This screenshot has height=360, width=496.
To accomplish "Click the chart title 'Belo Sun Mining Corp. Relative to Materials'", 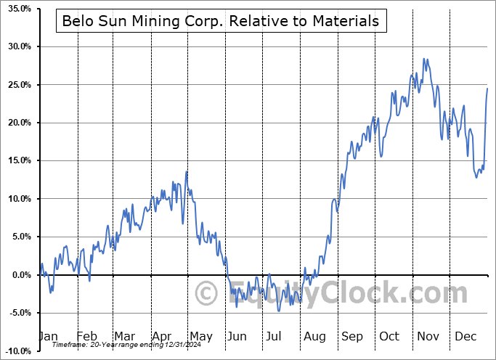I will (x=221, y=21).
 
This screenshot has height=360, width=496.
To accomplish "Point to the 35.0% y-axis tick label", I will (x=16, y=9).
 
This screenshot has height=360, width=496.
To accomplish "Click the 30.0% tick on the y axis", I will (x=16, y=46).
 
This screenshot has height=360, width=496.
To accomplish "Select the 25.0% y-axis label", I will (x=16, y=85).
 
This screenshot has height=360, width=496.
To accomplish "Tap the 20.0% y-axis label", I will (x=16, y=123).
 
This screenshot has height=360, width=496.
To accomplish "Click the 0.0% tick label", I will (x=18, y=275).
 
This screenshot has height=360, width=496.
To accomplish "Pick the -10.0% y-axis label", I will (x=15, y=351).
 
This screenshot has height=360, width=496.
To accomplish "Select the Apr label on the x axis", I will (x=161, y=337).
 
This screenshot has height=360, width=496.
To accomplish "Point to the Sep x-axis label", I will (x=351, y=337).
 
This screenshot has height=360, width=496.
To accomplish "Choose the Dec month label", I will (x=465, y=337).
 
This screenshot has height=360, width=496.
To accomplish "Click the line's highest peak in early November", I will (x=424, y=59).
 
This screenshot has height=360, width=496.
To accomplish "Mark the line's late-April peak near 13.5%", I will (x=187, y=171).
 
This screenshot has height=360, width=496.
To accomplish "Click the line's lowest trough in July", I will (x=279, y=311).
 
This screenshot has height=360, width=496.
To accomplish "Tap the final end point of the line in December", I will (x=487, y=88).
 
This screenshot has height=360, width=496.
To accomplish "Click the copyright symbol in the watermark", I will (x=206, y=294).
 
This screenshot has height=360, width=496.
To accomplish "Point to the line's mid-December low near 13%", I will (x=477, y=176).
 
